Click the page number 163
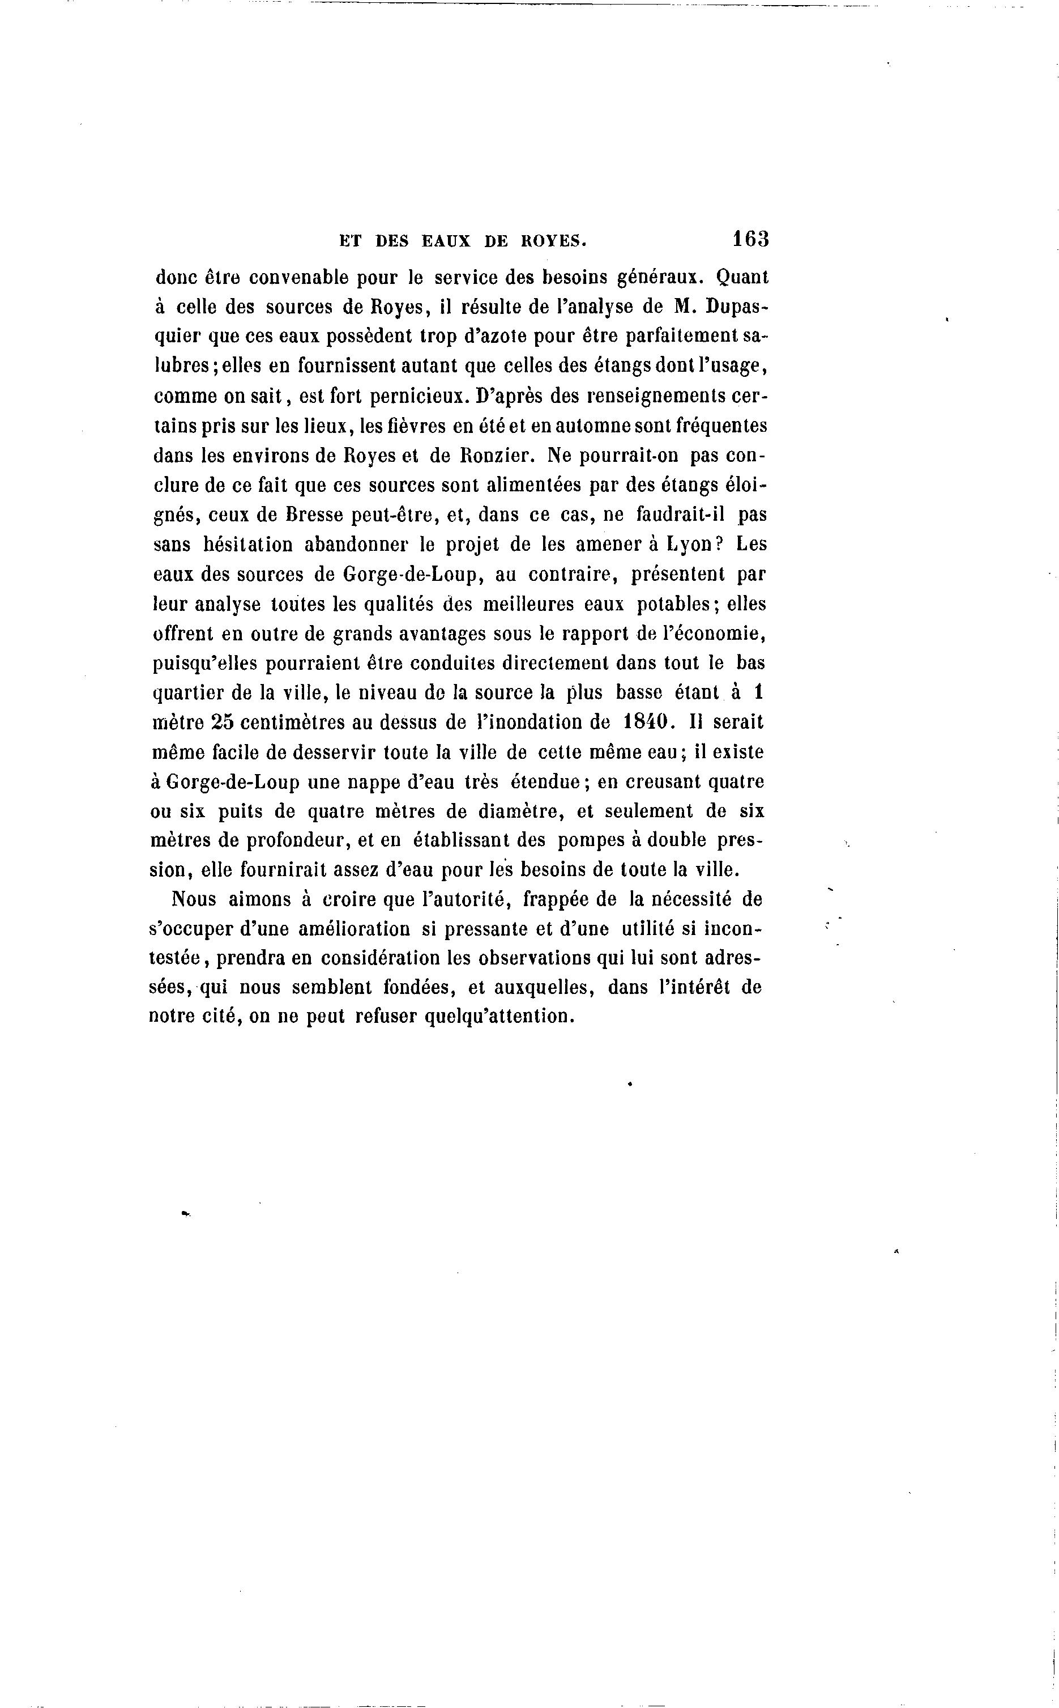[750, 239]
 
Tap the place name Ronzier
[497, 456]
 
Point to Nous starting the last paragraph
[194, 899]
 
